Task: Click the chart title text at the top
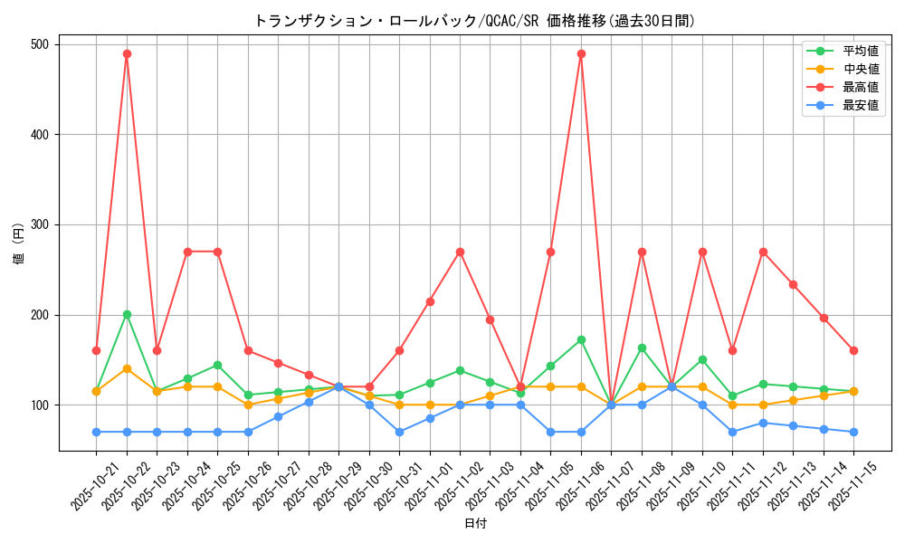(474, 21)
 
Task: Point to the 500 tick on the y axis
(41, 44)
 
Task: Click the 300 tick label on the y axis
(41, 224)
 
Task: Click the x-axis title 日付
(475, 524)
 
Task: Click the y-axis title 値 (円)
(19, 246)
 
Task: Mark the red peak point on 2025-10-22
(127, 53)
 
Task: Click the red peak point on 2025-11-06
(581, 53)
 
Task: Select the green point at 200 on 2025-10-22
(127, 314)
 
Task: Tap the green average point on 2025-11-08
(642, 348)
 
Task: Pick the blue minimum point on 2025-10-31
(399, 432)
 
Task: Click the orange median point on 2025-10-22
(127, 368)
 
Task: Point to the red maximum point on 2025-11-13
(793, 284)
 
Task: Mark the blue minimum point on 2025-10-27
(278, 416)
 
